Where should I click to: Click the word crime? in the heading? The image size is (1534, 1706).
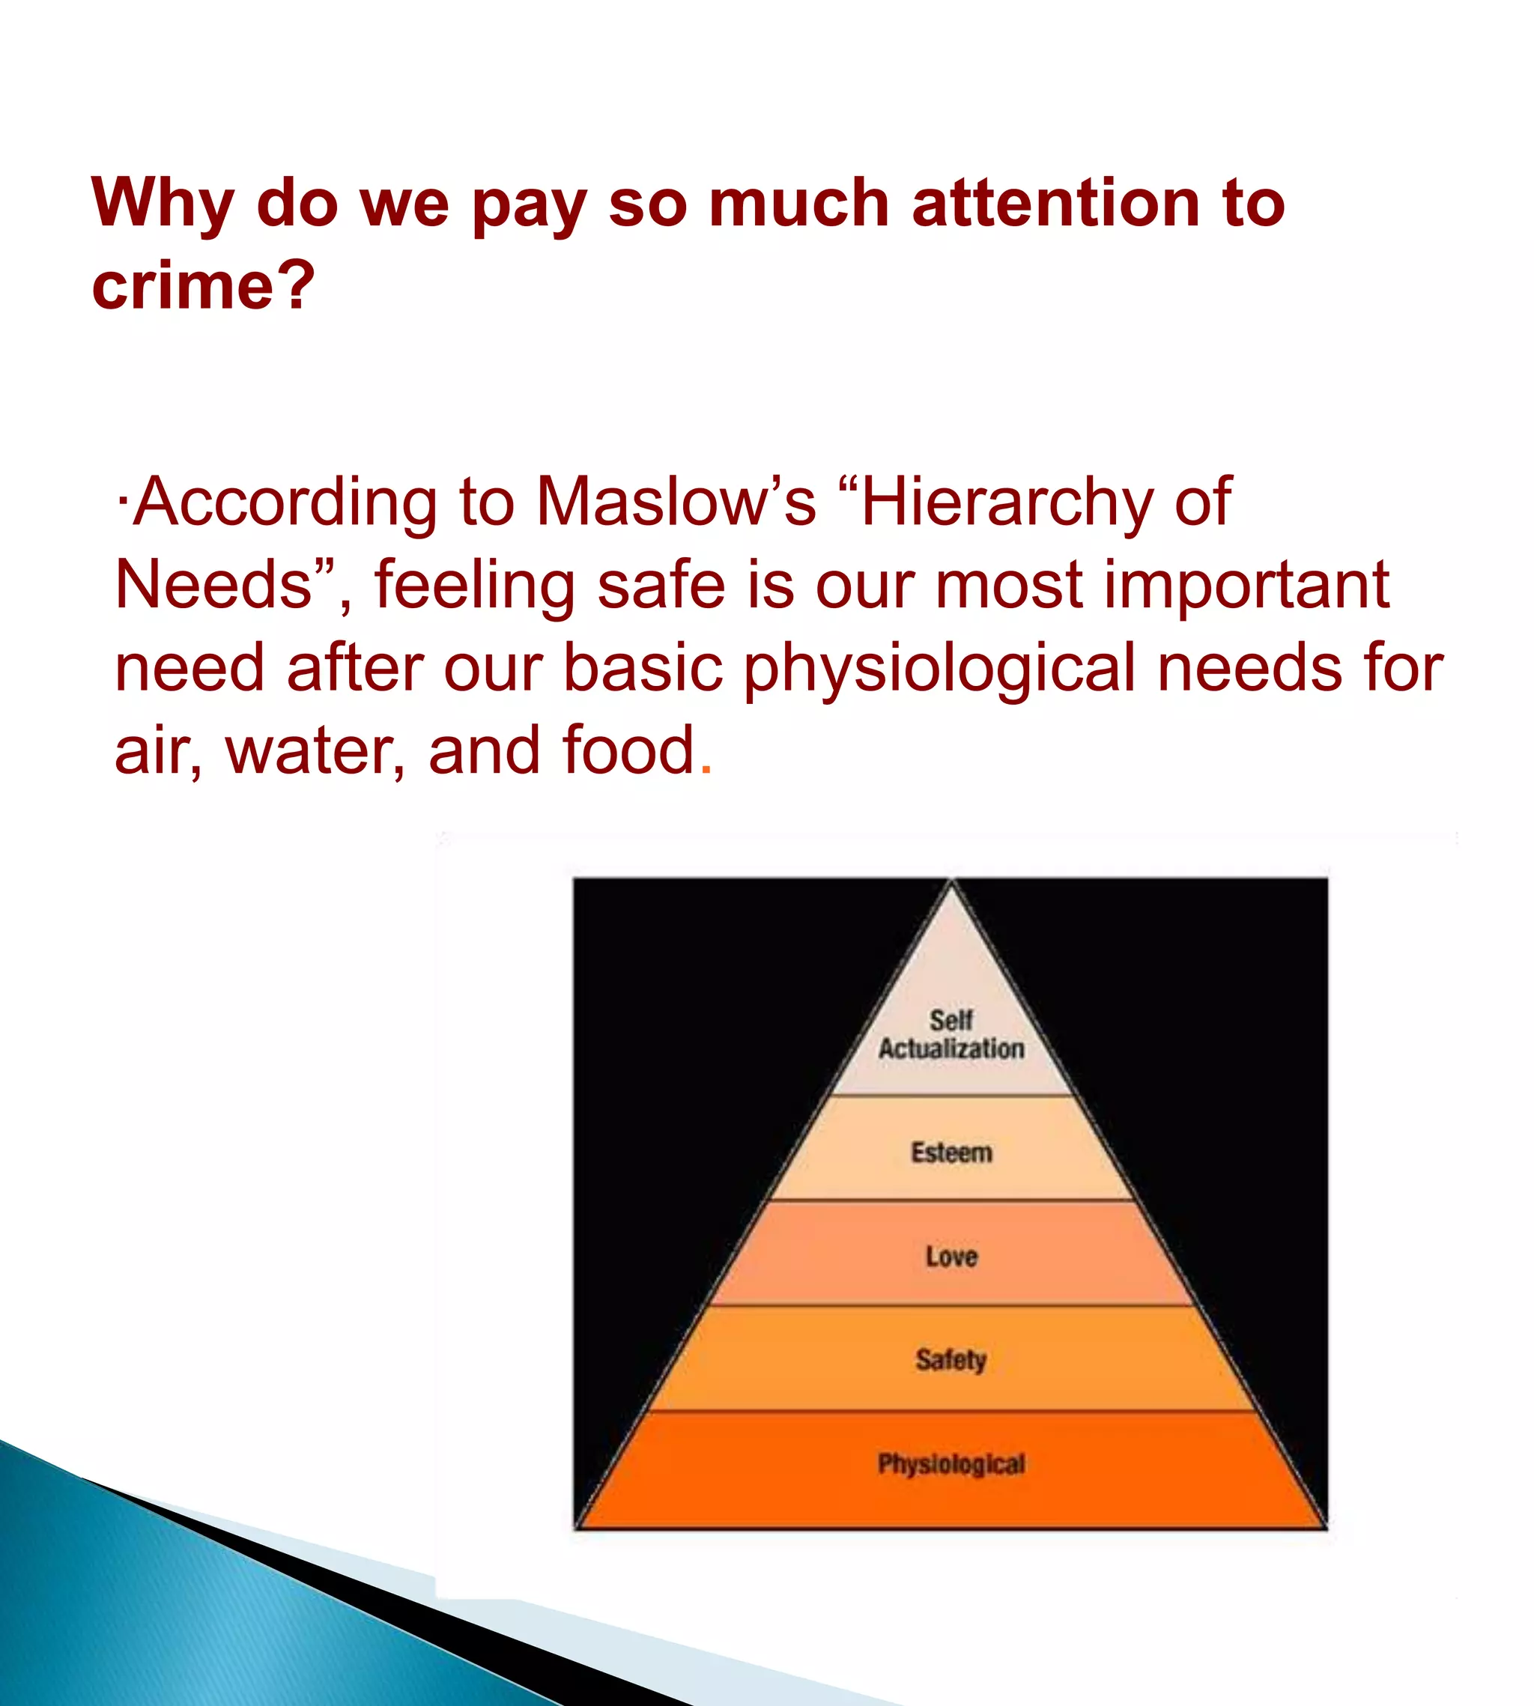pyautogui.click(x=203, y=285)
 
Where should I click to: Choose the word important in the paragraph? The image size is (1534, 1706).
pyautogui.click(x=1246, y=586)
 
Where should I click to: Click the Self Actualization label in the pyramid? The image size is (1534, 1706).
pyautogui.click(x=951, y=1034)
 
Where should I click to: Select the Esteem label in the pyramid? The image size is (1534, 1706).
pyautogui.click(x=951, y=1153)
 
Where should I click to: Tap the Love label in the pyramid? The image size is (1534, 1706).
pyautogui.click(x=951, y=1257)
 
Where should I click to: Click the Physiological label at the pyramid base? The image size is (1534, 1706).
pyautogui.click(x=951, y=1464)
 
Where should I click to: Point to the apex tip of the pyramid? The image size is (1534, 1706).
pyautogui.click(x=951, y=881)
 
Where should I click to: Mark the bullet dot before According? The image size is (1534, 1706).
pyautogui.click(x=123, y=503)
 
